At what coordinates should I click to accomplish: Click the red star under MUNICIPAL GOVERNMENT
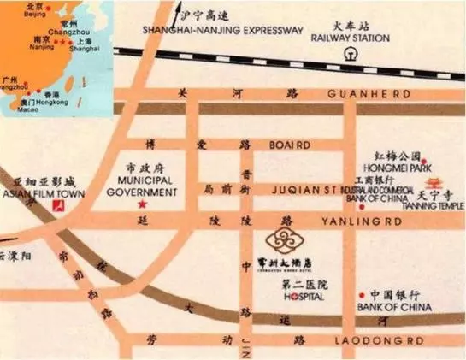click(142, 205)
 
